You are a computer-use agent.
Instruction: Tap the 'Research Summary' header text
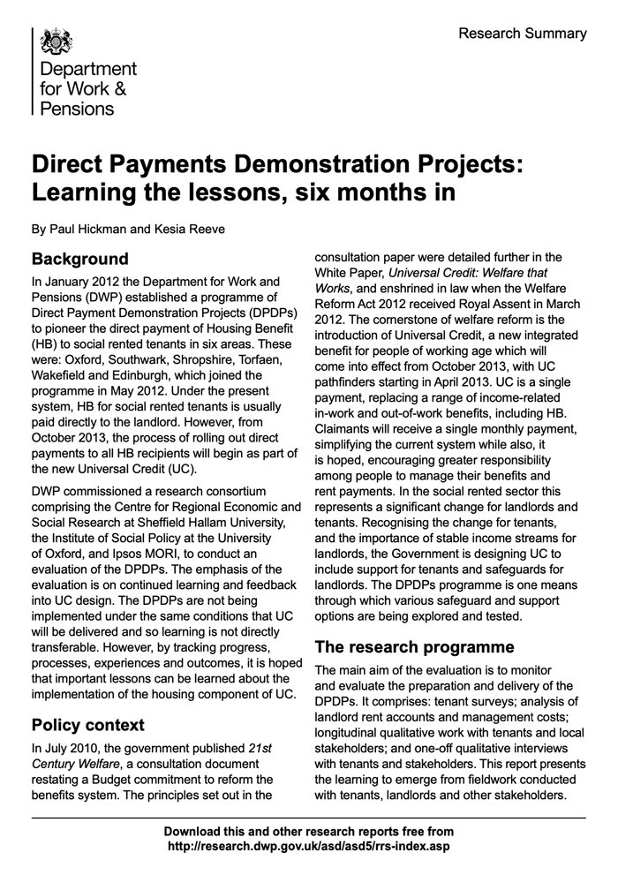click(x=522, y=34)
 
